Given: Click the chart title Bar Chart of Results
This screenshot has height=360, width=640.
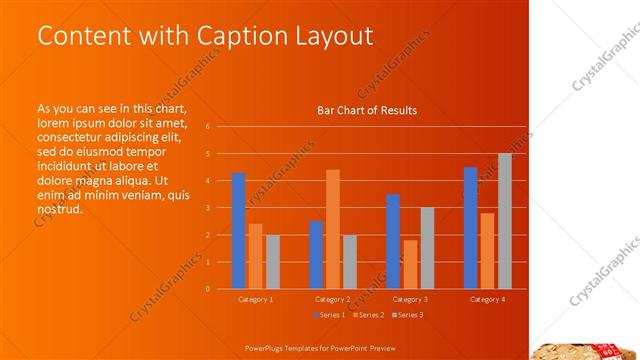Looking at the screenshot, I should [366, 110].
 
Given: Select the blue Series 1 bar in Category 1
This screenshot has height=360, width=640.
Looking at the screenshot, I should [238, 230].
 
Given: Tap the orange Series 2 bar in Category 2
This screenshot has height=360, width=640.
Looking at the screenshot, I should [333, 229].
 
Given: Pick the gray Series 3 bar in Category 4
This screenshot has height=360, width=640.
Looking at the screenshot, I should [504, 221].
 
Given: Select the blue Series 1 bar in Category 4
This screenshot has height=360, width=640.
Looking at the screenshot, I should [470, 227].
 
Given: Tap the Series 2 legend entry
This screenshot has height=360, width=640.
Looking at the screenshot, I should [367, 315].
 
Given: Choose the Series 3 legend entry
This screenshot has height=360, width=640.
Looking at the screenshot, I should [407, 315].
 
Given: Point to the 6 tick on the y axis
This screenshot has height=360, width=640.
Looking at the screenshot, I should [207, 127].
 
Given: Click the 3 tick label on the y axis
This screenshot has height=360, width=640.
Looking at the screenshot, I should [207, 208].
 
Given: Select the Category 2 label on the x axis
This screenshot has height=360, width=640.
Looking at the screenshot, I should [333, 299].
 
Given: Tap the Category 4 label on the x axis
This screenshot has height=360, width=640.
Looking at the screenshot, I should [487, 299].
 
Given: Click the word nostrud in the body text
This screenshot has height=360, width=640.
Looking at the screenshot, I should [59, 210].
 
